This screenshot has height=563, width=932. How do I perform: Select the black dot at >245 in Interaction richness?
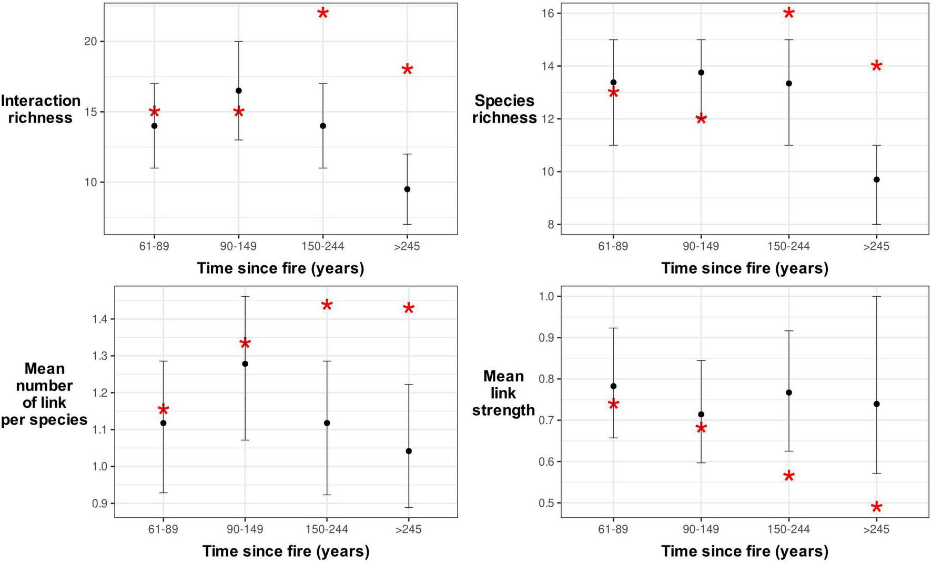point(407,189)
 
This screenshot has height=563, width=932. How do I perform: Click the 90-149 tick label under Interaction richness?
point(238,246)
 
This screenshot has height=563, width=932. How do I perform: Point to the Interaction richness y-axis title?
point(40,109)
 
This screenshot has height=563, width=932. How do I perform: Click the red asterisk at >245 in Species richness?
point(876,66)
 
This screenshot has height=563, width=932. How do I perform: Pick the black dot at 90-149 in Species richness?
point(701,73)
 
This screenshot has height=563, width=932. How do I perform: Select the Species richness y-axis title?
point(504,109)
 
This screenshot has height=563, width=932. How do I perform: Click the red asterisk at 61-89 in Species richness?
point(613,93)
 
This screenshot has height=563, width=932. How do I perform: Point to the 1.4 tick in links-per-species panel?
point(100,319)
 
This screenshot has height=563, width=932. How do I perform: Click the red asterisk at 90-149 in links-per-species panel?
point(245,344)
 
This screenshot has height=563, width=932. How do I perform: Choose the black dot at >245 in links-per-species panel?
point(409,451)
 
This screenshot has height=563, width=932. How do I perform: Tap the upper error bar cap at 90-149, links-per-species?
point(245,296)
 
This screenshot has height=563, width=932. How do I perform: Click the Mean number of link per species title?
point(44,394)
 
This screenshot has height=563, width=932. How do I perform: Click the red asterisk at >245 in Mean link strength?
point(876,507)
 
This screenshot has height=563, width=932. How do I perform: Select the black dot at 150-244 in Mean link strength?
point(788,393)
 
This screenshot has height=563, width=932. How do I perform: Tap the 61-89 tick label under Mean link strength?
point(613,529)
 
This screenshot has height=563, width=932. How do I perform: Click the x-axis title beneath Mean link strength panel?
point(744,551)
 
